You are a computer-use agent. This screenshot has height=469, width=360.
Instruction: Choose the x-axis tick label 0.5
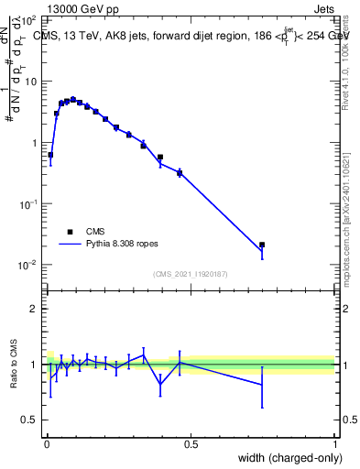pyautogui.click(x=191, y=443)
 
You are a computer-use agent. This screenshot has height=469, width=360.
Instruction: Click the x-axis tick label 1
pyautogui.click(x=335, y=443)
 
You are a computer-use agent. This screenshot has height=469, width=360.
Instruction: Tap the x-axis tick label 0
pyautogui.click(x=46, y=443)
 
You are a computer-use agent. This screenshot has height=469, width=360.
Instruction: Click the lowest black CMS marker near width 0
pyautogui.click(x=50, y=155)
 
